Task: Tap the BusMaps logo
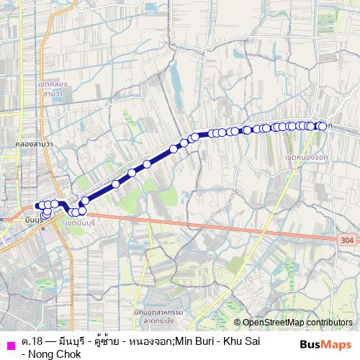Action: click(325, 343)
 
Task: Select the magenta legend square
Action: click(9, 343)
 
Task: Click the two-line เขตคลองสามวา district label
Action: click(55, 89)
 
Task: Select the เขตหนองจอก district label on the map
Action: click(305, 157)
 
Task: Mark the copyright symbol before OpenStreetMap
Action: click(238, 323)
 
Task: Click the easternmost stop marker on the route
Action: click(323, 126)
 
